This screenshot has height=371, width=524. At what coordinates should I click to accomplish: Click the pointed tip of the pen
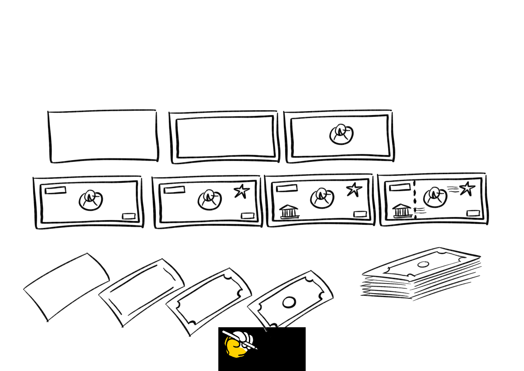(257, 349)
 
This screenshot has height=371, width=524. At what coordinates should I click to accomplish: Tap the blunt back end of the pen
(223, 332)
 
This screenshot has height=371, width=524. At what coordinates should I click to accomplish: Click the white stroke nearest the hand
(258, 318)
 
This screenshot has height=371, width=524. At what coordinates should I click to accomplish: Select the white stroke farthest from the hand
(36, 304)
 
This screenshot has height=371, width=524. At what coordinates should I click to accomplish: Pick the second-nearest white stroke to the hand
(178, 318)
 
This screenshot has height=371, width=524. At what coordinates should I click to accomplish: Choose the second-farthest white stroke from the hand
(111, 309)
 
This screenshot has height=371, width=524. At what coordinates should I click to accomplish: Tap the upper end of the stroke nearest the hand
(250, 306)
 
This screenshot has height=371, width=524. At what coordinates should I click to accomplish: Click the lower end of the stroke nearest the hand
(266, 331)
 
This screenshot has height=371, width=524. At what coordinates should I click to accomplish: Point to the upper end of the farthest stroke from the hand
(26, 288)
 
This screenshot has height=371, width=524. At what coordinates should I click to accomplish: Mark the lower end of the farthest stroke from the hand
(46, 320)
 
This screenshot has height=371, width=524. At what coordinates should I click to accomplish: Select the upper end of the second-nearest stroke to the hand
(169, 303)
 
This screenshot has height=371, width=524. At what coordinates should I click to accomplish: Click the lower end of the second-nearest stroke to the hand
(188, 335)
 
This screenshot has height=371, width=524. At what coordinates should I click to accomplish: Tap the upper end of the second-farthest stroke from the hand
(101, 294)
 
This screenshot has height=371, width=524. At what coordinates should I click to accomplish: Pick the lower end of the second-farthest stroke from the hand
(121, 325)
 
